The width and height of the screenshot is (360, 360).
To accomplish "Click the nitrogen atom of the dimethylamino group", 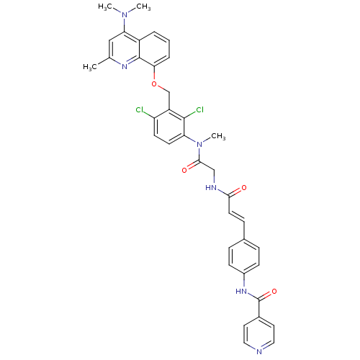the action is point(124,15).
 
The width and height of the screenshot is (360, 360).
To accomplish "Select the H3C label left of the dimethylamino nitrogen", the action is point(105,6).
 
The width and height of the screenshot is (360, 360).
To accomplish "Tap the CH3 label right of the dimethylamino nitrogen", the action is point(143,6).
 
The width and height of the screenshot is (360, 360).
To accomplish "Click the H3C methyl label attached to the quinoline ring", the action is point(90,67).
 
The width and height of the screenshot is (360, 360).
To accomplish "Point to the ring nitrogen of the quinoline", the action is point(125,66).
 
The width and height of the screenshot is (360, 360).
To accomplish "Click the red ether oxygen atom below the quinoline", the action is point(154,84).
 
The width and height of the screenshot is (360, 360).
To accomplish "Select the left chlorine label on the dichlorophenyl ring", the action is point(140,110).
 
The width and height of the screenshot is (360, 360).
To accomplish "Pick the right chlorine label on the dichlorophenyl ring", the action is point(199,109).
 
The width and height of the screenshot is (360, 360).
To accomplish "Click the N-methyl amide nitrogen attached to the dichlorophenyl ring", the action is point(199,145).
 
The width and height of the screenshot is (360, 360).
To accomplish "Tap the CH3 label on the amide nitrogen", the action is point(218,137).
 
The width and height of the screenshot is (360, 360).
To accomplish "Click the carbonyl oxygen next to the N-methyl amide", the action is point(184,171).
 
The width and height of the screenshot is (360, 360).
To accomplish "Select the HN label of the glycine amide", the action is point(212,188).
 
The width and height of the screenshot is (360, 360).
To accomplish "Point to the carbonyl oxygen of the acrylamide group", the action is point(244,188).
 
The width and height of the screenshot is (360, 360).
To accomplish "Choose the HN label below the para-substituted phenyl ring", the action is point(241,292).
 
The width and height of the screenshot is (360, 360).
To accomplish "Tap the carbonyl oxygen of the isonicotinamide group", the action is point(274,292).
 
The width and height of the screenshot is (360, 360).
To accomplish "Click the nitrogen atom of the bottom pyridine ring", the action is point(259,352).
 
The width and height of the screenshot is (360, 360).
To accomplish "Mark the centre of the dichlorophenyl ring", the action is point(169,127).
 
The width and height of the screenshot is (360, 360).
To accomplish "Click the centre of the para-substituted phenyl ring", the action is point(244,256).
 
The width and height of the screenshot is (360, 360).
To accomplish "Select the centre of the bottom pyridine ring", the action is point(259,334).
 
